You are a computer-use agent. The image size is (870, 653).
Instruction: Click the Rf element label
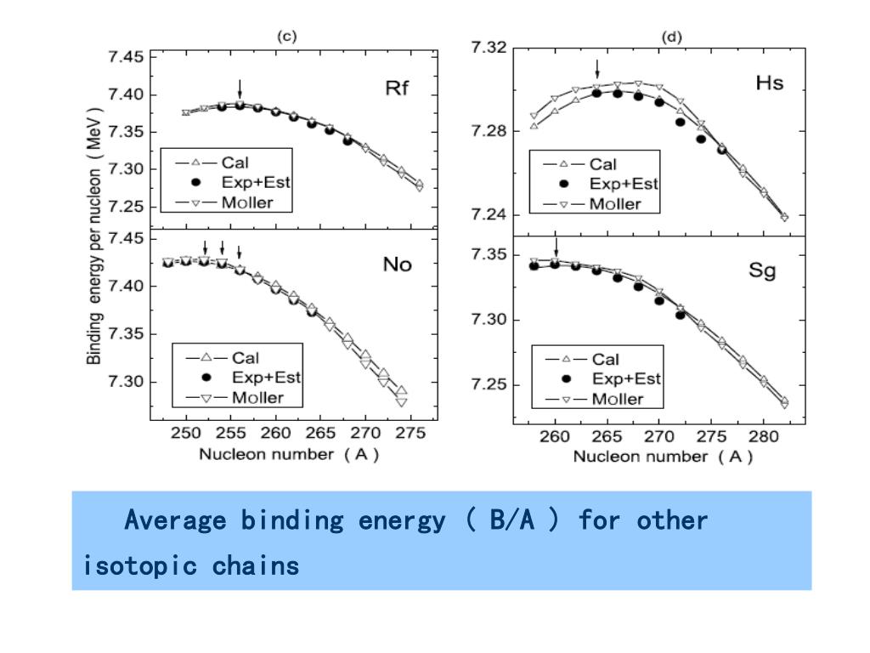398,89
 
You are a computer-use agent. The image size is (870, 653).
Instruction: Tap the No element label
397,264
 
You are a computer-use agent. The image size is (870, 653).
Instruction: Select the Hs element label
769,83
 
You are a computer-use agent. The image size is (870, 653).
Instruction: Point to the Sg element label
761,273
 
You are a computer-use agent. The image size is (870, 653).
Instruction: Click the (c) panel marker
287,36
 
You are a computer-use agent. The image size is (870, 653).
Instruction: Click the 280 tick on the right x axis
762,436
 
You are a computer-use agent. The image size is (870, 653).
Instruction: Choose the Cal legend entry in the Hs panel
602,164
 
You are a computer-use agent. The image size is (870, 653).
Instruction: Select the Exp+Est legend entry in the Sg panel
626,378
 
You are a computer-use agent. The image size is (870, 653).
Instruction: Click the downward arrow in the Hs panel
597,69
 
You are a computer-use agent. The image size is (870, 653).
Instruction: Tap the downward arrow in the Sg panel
556,247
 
